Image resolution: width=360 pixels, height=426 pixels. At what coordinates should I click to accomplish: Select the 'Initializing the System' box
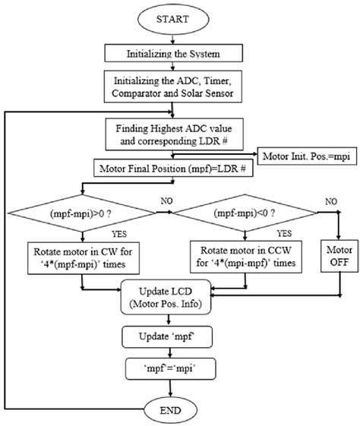click(175, 54)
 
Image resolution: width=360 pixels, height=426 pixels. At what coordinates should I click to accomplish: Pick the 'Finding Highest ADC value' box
click(175, 134)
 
